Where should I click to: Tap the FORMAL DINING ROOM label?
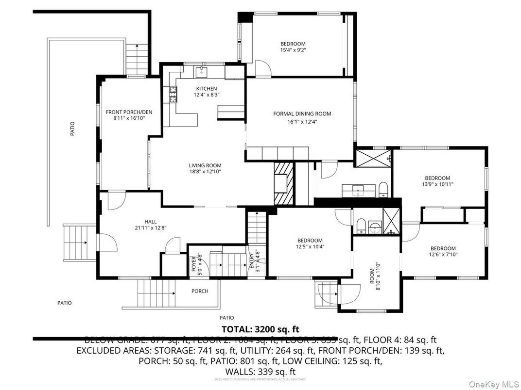302,114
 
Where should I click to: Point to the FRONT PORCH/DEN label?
129,112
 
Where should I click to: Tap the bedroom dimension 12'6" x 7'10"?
443,254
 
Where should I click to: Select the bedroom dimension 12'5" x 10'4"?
310,246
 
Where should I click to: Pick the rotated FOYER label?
193,265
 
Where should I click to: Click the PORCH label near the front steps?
200,291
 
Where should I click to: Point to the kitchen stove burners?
172,94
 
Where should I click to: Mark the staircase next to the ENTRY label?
257,227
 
